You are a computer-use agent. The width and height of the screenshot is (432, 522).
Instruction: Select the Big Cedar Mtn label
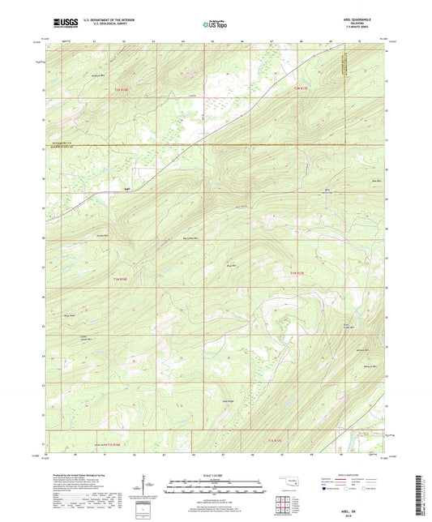190,238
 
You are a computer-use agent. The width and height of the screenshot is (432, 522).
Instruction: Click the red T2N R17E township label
301,88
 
